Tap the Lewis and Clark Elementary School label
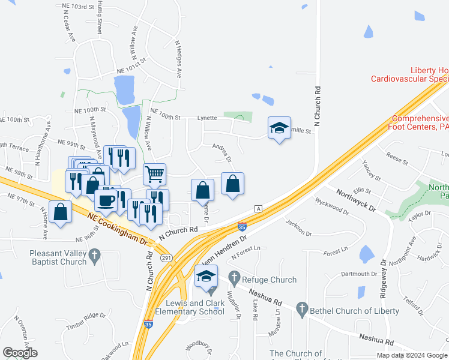(190, 307)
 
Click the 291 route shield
(166, 257)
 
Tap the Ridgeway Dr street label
(384, 281)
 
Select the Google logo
(20, 353)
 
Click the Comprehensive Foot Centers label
(420, 122)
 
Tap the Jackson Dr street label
(300, 227)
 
